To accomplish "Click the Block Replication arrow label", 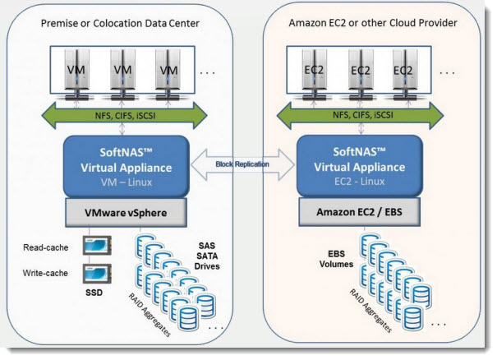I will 246,164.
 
